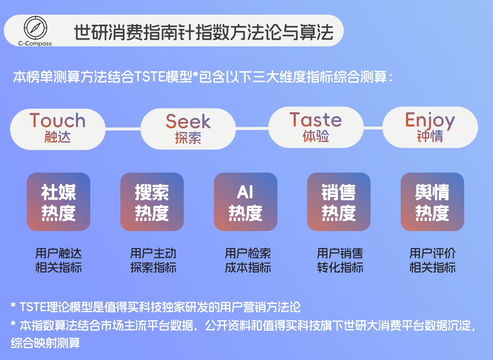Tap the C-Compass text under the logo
(x=36, y=43)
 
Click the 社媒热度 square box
(x=58, y=202)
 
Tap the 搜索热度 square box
(x=152, y=202)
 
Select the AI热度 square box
(x=246, y=202)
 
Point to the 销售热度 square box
(x=339, y=202)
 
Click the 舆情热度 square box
(x=432, y=202)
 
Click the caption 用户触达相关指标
(x=58, y=260)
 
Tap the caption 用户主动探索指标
(x=153, y=260)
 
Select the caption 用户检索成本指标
(x=248, y=260)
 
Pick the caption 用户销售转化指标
(x=340, y=260)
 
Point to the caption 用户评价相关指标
(x=432, y=260)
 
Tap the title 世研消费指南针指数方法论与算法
(x=204, y=33)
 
